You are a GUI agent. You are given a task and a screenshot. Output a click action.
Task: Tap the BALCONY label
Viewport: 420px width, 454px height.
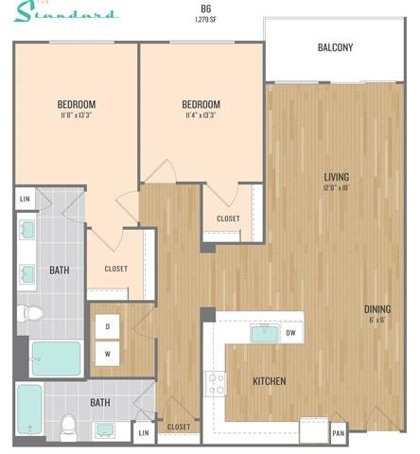click(335, 47)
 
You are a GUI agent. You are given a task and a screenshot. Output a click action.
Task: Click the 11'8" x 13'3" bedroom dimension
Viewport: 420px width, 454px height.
click(76, 115)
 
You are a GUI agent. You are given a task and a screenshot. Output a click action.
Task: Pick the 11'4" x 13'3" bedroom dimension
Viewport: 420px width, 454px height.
click(201, 115)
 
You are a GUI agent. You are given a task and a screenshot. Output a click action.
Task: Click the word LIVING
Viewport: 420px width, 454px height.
click(336, 177)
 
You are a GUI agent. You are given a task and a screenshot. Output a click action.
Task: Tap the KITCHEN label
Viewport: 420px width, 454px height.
click(269, 381)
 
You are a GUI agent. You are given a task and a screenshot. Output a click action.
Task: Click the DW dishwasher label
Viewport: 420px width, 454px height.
click(291, 333)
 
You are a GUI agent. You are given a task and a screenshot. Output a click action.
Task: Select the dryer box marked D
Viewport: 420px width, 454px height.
click(107, 326)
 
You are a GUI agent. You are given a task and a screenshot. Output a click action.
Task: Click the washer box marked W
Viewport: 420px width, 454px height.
click(107, 355)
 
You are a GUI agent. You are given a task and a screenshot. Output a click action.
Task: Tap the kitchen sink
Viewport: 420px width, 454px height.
click(262, 333)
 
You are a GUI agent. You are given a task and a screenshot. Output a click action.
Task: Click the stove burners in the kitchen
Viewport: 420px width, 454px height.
click(216, 381)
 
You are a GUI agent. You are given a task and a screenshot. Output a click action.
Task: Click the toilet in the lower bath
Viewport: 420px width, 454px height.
click(67, 427)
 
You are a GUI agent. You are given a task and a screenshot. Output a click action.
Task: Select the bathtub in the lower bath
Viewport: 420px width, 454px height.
click(28, 409)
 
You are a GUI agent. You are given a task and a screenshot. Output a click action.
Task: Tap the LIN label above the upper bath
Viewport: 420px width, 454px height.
click(24, 199)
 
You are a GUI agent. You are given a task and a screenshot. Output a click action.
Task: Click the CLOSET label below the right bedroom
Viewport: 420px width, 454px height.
click(228, 218)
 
